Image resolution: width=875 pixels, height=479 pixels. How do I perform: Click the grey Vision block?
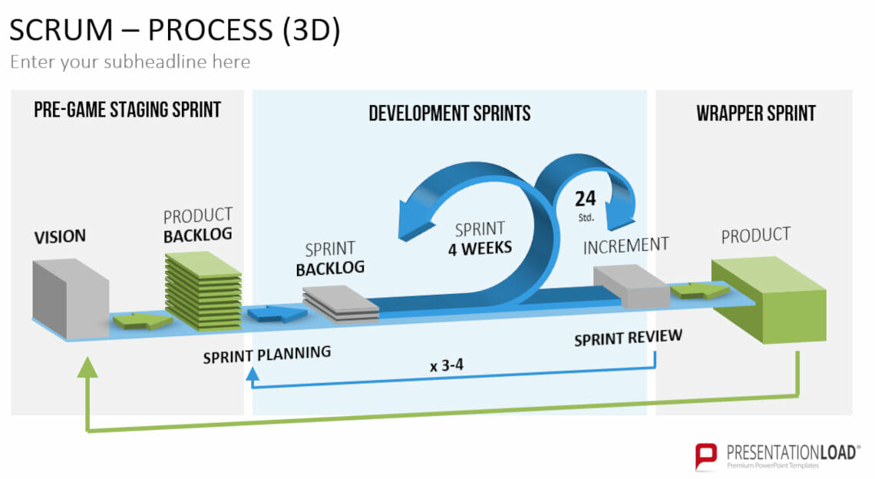[70, 299]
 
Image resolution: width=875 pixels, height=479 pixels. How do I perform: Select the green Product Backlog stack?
[203, 291]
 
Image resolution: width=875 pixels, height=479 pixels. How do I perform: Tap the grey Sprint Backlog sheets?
[340, 304]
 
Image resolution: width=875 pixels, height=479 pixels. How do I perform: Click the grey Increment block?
[632, 286]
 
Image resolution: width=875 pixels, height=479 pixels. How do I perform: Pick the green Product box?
[769, 299]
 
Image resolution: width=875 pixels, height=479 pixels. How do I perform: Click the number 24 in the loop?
[586, 198]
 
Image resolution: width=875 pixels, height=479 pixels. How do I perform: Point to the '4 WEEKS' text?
[480, 248]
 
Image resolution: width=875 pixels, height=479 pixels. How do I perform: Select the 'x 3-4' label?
[447, 365]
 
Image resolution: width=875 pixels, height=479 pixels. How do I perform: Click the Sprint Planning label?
[267, 355]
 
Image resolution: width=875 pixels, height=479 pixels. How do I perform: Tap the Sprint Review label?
[629, 338]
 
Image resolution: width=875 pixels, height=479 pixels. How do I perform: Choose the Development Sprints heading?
[450, 114]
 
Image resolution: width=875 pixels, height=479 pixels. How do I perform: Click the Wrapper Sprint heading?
[756, 114]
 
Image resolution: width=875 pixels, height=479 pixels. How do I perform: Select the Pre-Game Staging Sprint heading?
[127, 110]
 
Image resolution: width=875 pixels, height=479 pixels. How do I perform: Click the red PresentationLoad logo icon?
[706, 456]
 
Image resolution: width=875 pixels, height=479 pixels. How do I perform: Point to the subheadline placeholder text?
[130, 61]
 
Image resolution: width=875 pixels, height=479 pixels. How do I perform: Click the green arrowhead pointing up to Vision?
[87, 368]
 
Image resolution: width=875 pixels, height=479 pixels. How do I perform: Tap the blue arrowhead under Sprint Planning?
[253, 374]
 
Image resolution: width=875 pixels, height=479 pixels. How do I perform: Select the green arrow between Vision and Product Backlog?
[142, 320]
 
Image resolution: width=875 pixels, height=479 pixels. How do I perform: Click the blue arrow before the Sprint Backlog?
[277, 314]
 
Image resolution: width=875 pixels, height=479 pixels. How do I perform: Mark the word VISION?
[60, 236]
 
